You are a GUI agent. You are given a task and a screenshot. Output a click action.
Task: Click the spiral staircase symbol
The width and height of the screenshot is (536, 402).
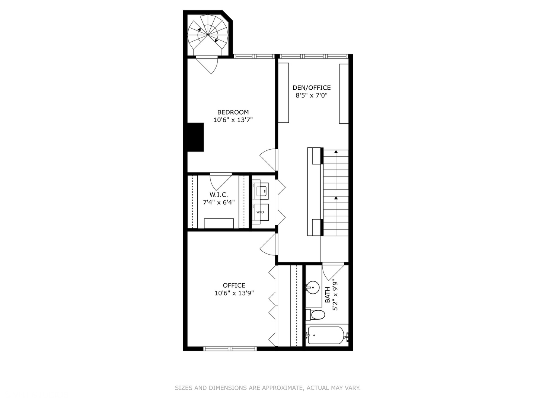coord(208,34)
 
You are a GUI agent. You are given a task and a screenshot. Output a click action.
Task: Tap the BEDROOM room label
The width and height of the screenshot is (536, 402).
coord(233,112)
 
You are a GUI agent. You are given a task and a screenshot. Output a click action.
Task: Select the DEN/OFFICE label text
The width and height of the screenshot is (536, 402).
coord(312,88)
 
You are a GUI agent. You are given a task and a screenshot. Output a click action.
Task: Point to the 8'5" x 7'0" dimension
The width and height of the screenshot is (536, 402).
coord(312,95)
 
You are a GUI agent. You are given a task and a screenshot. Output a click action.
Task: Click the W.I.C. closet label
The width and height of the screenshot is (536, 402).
coord(218,195)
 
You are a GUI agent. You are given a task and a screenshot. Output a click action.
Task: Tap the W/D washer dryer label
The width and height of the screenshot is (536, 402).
coord(260,212)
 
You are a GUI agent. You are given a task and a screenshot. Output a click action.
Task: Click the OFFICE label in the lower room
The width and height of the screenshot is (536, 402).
coord(234,285)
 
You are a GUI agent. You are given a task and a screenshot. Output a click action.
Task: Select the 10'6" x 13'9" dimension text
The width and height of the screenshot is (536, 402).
coord(234,293)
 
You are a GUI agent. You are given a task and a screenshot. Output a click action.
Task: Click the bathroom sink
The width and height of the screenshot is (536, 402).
coord(313,287)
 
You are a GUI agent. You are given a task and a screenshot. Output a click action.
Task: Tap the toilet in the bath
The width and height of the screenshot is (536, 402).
coord(317,315)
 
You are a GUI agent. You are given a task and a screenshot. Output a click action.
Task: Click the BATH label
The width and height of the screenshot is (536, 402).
coord(327,295)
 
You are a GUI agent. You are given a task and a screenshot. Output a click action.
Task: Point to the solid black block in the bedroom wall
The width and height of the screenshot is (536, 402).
coord(195,137)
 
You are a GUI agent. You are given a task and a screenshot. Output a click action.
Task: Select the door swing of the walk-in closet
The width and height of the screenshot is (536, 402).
coord(221,181)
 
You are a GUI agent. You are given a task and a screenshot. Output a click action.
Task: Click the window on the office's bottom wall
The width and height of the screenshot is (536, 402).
coord(230,349)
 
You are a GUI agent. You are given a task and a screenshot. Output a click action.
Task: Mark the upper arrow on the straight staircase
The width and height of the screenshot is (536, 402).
coord(336,152)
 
